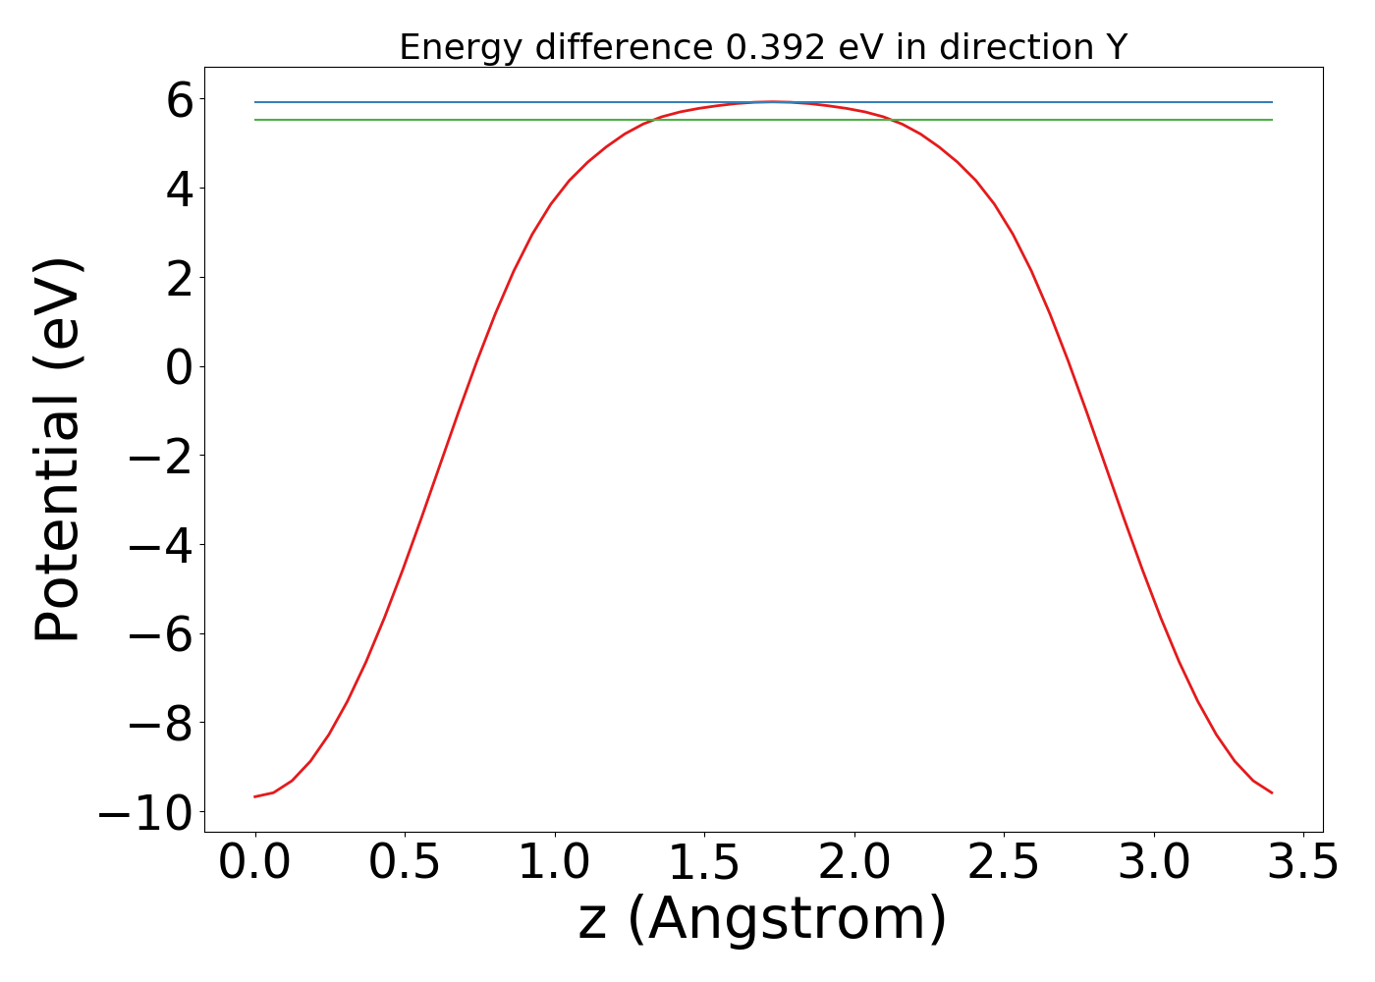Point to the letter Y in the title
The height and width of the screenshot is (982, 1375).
click(1116, 47)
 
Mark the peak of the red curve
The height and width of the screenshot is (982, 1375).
click(773, 101)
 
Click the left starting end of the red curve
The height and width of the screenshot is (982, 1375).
click(255, 796)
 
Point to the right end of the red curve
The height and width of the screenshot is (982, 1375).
click(1272, 792)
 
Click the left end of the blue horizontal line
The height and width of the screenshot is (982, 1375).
click(255, 102)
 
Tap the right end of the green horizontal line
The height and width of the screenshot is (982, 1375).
click(1272, 120)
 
